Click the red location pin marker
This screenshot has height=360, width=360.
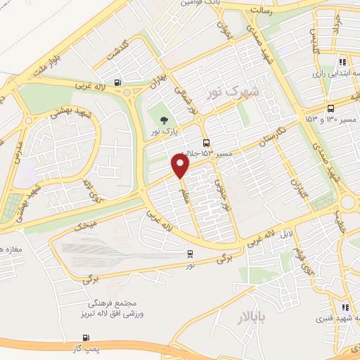[181, 166]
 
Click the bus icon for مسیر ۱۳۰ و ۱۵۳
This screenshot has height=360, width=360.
[330, 108]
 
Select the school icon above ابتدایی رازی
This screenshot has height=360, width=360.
[342, 61]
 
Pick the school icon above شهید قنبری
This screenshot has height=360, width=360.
[344, 307]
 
